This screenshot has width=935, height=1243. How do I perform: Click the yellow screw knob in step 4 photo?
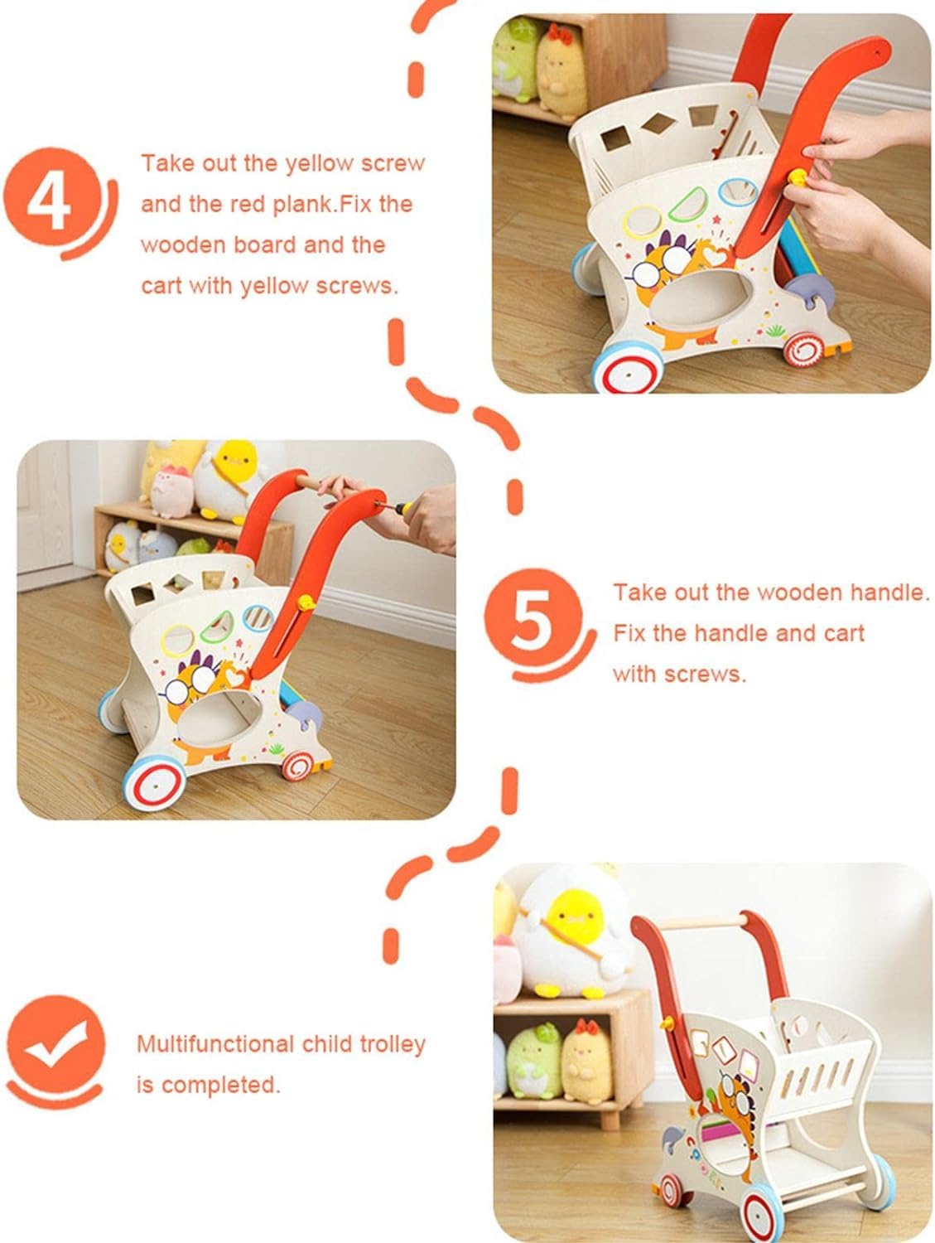point(798,178)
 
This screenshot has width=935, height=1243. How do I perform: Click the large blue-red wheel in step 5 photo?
point(154,782)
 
